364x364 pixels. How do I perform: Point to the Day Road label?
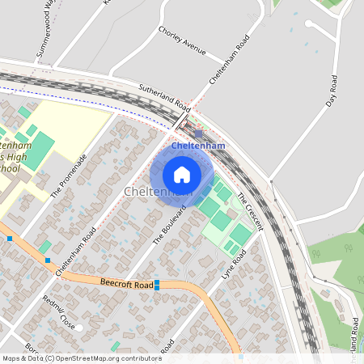click(331, 91)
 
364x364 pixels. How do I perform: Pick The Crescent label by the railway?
click(250, 211)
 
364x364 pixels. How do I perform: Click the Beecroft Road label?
click(126, 284)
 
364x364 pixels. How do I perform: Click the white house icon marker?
click(182, 174)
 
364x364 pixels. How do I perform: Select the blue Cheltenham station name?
click(197, 146)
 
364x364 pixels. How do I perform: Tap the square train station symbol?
click(199, 133)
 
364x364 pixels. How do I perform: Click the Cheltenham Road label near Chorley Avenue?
click(229, 59)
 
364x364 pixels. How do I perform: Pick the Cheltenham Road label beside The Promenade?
click(76, 251)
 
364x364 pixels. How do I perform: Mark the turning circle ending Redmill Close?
click(79, 327)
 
